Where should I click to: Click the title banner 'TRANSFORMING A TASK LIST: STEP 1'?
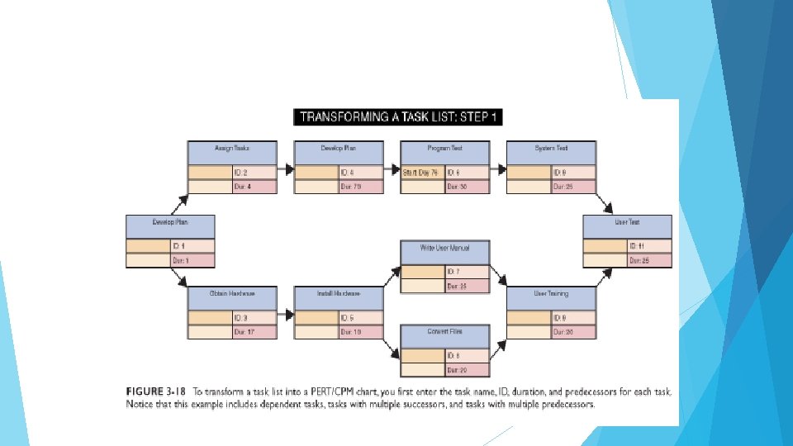(x=398, y=116)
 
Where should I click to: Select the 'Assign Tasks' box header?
(x=231, y=153)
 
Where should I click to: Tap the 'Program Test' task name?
(x=444, y=153)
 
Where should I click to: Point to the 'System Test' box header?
(x=550, y=153)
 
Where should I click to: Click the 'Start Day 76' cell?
(x=420, y=173)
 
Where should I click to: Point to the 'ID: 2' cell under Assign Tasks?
(x=253, y=173)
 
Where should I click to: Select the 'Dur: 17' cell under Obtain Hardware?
(x=253, y=332)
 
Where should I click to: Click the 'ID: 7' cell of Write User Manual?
(x=467, y=272)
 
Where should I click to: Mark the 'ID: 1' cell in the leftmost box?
(x=192, y=246)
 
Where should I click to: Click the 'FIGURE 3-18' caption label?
(x=154, y=391)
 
